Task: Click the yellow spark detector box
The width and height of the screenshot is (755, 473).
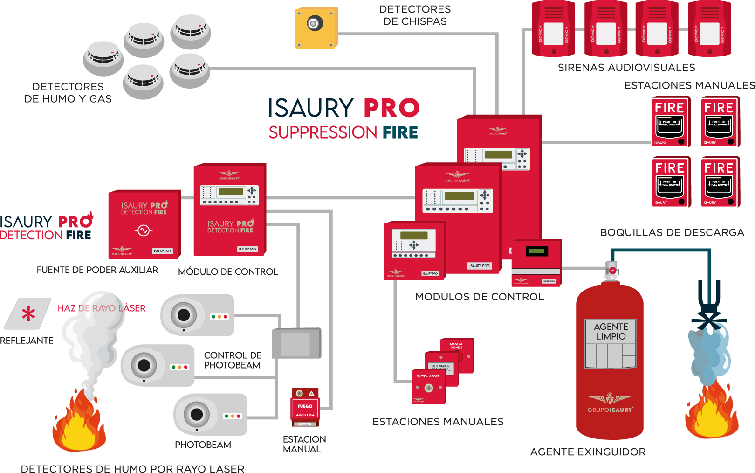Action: [316, 28]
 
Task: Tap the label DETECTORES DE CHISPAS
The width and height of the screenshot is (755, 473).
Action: [415, 15]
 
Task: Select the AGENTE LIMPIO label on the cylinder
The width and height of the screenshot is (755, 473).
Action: [611, 332]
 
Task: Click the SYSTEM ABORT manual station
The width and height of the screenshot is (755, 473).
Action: [428, 387]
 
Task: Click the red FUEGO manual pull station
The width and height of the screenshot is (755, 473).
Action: [305, 407]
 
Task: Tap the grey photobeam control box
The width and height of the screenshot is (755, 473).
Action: [296, 343]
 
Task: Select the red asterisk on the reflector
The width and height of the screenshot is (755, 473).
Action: [28, 314]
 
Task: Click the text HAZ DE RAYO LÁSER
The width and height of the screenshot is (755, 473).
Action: [102, 308]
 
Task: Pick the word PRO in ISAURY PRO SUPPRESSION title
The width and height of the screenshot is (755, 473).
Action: [391, 108]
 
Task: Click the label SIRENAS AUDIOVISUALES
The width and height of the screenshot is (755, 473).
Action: [626, 68]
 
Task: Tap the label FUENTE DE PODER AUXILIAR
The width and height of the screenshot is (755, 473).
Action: [97, 270]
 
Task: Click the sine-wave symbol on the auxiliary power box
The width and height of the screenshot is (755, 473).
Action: [144, 230]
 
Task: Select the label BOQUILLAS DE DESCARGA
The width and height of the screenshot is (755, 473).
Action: [672, 232]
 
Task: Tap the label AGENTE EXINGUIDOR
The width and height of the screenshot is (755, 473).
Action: [588, 452]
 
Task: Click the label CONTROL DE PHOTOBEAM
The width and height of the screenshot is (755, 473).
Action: [233, 360]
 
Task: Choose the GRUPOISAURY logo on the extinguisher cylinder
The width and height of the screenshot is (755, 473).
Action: [610, 403]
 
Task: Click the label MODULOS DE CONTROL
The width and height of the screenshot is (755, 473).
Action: [479, 297]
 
